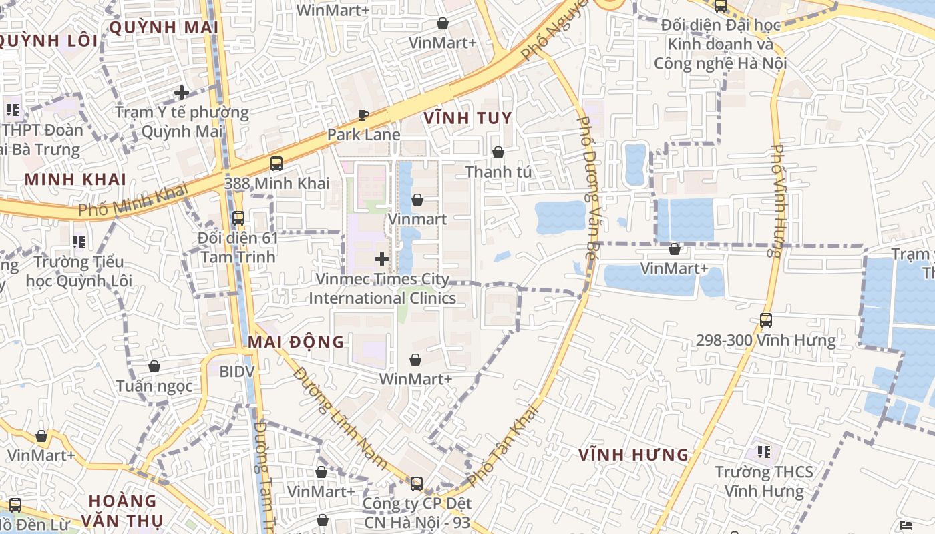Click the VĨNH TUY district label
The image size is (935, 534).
tap(467, 119)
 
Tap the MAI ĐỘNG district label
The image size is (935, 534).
tap(296, 342)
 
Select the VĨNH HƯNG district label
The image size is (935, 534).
tap(633, 455)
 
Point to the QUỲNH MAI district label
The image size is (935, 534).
tap(164, 27)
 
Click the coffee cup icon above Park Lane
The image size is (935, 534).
tap(363, 115)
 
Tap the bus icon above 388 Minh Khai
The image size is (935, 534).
tap(276, 164)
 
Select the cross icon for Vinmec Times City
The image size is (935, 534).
tap(382, 259)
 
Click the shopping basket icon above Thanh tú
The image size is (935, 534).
tap(498, 153)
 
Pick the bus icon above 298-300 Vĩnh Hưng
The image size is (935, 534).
tap(765, 320)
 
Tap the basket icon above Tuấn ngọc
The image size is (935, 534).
tap(154, 366)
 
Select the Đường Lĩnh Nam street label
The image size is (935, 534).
tap(340, 417)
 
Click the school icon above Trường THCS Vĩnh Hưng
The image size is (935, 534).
tap(764, 452)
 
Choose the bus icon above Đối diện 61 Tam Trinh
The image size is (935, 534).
tap(238, 218)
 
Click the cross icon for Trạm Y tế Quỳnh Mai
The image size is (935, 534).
tap(181, 93)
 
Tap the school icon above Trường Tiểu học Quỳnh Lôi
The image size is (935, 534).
tap(79, 242)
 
